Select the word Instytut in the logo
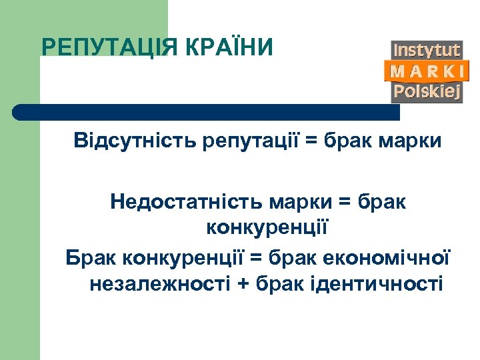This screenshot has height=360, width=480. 427,50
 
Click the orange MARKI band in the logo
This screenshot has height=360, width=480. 427,71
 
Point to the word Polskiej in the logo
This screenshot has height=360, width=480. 427,91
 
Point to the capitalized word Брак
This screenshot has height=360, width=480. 91,257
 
